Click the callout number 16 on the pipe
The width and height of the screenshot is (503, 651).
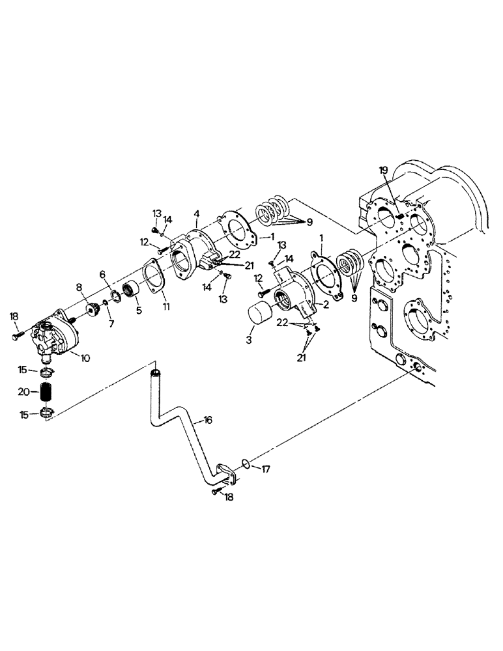coord(208,421)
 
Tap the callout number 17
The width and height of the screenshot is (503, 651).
coord(266,468)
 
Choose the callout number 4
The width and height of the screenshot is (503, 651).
coord(196,214)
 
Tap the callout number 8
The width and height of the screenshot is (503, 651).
coord(79,286)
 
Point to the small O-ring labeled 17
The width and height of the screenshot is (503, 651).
coord(244,463)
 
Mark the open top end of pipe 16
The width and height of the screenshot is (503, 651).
coord(155,372)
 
